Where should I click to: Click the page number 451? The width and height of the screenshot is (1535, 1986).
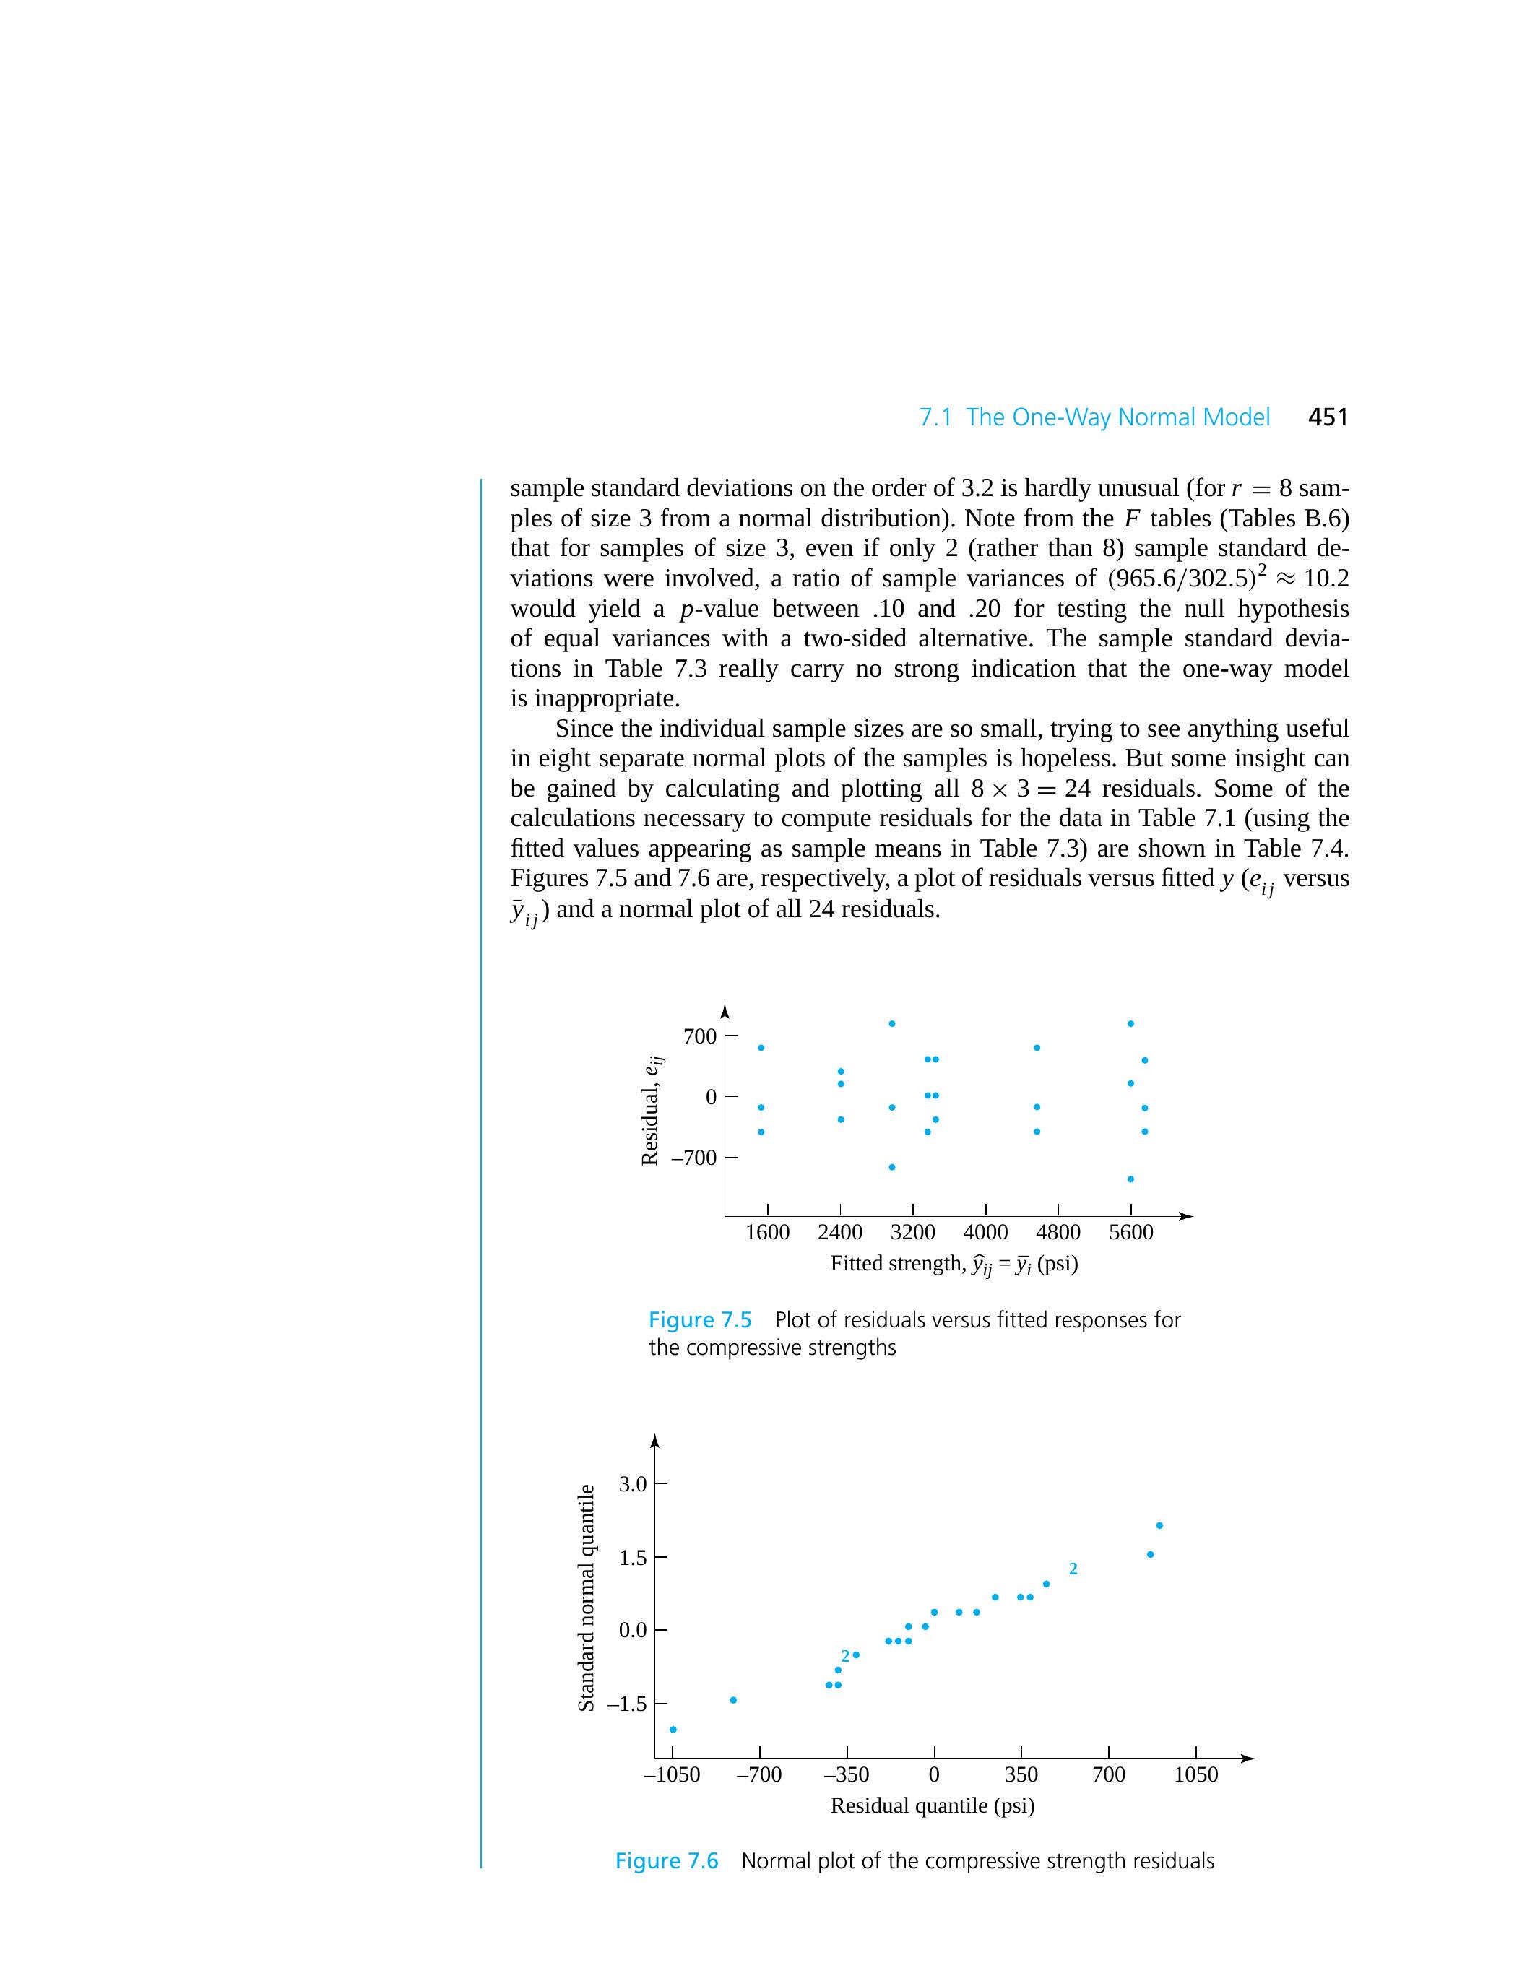[1328, 417]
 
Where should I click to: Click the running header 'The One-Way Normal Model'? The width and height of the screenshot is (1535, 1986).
[1117, 417]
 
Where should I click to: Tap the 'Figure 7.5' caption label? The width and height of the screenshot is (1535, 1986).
[699, 1319]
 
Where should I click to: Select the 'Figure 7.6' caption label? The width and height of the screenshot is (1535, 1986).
[667, 1860]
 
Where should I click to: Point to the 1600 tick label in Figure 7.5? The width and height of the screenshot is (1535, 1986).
[767, 1232]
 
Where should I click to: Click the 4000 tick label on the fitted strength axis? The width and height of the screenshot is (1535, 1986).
[986, 1232]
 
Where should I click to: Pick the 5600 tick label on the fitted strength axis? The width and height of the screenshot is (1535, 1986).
[1131, 1232]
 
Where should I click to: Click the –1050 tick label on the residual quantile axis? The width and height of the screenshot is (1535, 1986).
[672, 1774]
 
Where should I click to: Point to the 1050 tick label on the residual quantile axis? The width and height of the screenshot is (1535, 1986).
[1195, 1774]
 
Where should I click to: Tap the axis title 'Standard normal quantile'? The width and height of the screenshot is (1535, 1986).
[587, 1597]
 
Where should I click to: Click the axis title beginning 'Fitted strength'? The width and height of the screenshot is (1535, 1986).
[954, 1264]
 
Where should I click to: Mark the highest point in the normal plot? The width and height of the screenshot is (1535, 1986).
[1159, 1526]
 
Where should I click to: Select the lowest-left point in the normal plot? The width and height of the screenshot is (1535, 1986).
[673, 1730]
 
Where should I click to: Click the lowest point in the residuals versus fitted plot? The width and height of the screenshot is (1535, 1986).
[1130, 1179]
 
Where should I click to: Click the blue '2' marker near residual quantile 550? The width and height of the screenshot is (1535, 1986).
[1073, 1569]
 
